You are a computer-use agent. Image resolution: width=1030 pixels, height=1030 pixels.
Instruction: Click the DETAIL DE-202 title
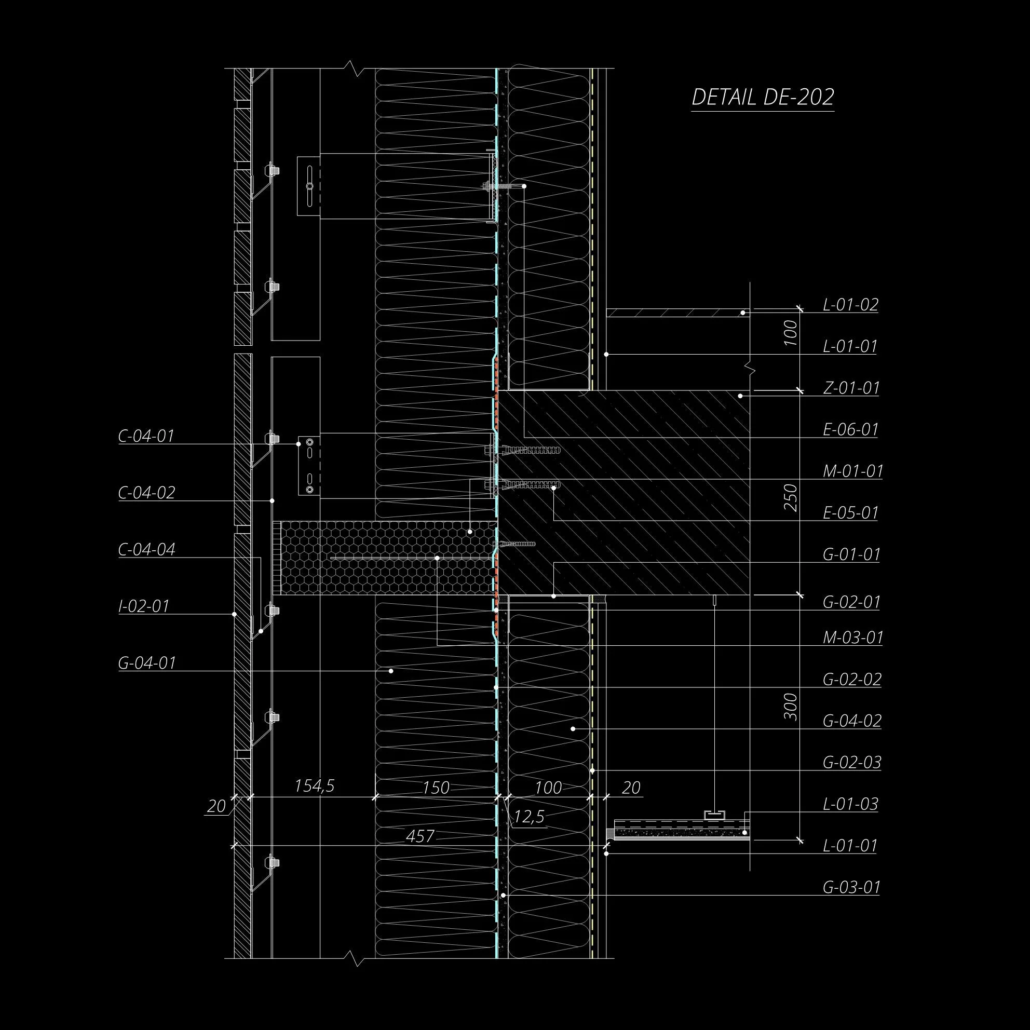click(762, 97)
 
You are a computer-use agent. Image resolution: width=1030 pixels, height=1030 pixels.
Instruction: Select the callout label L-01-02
click(850, 304)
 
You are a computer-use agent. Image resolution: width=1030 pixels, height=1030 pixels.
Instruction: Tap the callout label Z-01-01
click(851, 388)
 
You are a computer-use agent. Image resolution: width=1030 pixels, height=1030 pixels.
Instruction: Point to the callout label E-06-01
click(850, 429)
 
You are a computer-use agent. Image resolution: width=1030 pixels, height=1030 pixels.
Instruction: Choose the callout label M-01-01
click(852, 471)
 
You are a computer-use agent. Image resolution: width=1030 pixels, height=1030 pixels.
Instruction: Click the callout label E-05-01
click(850, 512)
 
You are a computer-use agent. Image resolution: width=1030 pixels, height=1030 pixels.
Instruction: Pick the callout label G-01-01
click(851, 554)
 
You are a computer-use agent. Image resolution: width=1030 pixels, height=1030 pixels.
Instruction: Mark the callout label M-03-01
click(852, 637)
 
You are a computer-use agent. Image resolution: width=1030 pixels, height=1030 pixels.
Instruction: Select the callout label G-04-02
click(851, 720)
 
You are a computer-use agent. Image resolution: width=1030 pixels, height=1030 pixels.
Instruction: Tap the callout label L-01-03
click(850, 804)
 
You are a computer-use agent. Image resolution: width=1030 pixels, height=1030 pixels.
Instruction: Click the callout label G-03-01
click(851, 887)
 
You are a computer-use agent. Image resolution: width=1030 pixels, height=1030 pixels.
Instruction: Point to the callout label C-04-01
click(146, 436)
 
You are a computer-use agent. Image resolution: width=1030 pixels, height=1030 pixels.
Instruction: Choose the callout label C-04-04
click(146, 549)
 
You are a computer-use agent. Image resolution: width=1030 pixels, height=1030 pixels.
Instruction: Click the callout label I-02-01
click(143, 606)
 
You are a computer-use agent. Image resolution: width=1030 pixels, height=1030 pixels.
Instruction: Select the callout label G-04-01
click(146, 662)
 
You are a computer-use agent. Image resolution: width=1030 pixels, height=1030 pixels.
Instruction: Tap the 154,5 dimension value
click(315, 786)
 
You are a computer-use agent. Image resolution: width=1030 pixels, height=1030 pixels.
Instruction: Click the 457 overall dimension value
click(420, 836)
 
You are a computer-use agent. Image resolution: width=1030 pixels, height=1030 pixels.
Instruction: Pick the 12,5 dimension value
click(529, 817)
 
